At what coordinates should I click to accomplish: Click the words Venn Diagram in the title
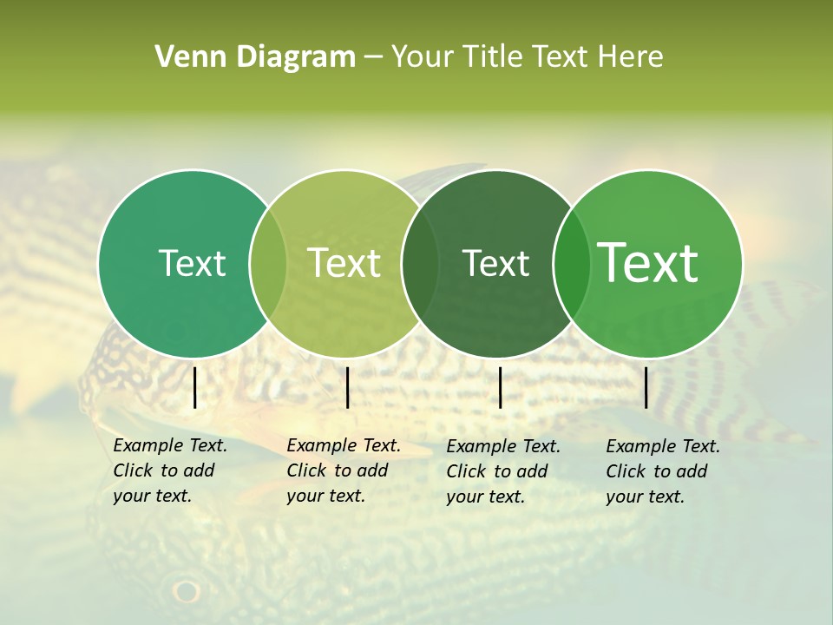coord(255,57)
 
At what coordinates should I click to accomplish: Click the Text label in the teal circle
coord(192,263)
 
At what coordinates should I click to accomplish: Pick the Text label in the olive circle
coord(344,263)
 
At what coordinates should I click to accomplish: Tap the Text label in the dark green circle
coord(495,263)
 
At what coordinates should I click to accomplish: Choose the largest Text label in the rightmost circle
coord(647,262)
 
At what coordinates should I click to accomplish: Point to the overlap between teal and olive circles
coord(268,264)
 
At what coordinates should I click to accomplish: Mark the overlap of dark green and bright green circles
coord(570,264)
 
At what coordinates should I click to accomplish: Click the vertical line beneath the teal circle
coord(194,387)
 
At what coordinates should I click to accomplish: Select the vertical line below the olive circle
coord(347,387)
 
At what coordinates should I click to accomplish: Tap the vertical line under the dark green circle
coord(500,387)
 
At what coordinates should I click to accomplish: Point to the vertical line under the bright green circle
coord(646,387)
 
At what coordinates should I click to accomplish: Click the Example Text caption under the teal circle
coord(169,470)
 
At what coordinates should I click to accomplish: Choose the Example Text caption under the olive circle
coord(343,470)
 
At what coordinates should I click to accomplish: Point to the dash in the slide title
coord(373,57)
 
